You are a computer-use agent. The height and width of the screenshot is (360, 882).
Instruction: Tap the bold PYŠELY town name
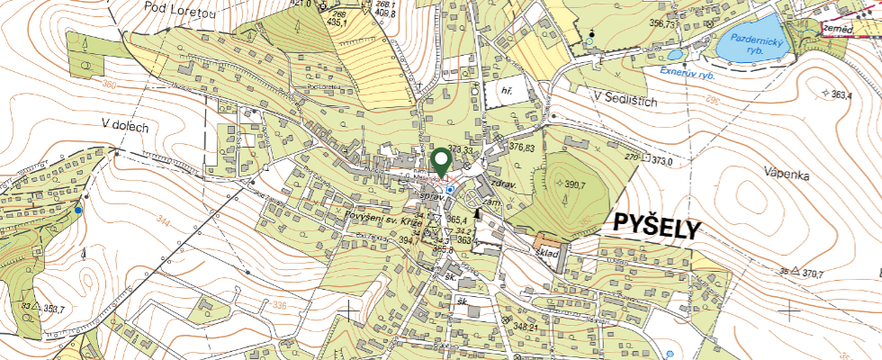tap(656, 227)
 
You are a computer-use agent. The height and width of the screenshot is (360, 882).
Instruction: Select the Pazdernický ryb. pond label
tap(760, 46)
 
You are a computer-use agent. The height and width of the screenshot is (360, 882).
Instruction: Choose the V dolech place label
tap(124, 127)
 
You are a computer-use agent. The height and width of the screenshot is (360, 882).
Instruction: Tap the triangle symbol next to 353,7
tap(36, 308)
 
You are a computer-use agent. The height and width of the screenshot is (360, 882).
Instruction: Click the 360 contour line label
tap(110, 85)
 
